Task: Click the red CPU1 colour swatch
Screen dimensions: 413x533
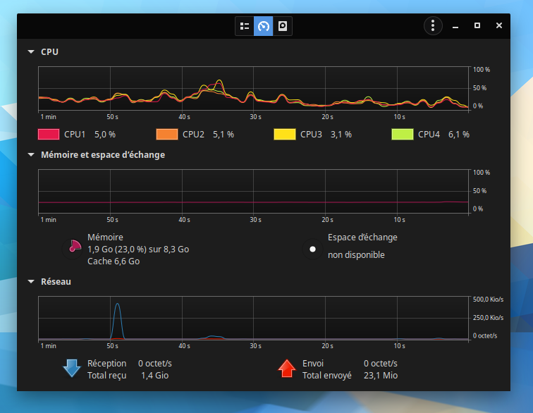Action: (x=48, y=134)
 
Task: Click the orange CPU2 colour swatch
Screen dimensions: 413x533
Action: (x=166, y=134)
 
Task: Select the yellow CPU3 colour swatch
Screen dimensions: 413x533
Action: (x=284, y=134)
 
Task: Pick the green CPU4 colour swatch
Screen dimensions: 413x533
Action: (x=402, y=134)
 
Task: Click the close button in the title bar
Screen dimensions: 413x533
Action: (x=499, y=25)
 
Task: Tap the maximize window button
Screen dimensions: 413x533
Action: (x=477, y=25)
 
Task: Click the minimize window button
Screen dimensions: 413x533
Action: (x=455, y=25)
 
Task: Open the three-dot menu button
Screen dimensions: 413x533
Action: (x=433, y=26)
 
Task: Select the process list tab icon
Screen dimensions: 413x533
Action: (x=245, y=26)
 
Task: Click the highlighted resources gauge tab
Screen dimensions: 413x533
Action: (x=264, y=26)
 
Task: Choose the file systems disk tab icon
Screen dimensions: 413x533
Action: (x=283, y=26)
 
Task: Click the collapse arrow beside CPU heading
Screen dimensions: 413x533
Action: (x=31, y=51)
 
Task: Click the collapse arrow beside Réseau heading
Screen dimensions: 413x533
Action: (x=31, y=282)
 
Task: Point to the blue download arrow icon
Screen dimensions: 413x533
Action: (x=72, y=369)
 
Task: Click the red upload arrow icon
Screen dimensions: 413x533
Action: (x=286, y=369)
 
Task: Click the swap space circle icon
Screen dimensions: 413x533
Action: (x=312, y=249)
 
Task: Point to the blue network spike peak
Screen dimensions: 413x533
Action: (x=117, y=304)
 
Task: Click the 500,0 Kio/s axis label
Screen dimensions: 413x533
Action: (x=487, y=300)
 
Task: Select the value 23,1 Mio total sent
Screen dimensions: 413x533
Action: (x=381, y=376)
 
